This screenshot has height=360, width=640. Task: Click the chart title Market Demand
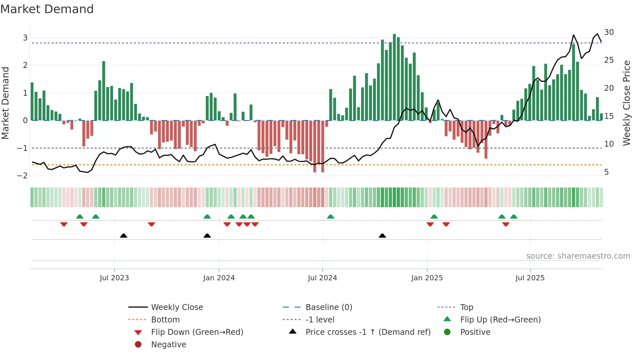47,9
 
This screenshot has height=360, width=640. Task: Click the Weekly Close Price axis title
626,103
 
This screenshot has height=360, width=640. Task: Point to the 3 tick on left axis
25,38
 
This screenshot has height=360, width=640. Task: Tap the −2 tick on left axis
23,176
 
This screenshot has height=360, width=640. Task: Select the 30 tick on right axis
609,32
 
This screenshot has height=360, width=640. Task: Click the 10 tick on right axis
609,144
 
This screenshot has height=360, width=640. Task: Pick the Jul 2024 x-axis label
322,278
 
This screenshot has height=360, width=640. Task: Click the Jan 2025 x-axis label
427,278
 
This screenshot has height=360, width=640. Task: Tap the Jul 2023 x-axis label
114,278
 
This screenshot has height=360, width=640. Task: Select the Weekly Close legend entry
177,307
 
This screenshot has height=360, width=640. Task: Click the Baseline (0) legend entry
328,307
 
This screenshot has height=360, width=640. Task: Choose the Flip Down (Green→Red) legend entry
197,332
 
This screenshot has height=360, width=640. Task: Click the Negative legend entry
168,345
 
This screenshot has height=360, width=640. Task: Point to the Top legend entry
466,307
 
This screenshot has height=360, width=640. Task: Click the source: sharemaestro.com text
578,256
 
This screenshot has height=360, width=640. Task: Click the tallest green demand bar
394,77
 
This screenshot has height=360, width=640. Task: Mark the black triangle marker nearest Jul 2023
123,236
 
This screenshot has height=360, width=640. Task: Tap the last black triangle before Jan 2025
382,236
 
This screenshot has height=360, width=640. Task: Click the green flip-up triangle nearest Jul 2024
330,217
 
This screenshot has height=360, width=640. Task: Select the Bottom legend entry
165,320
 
